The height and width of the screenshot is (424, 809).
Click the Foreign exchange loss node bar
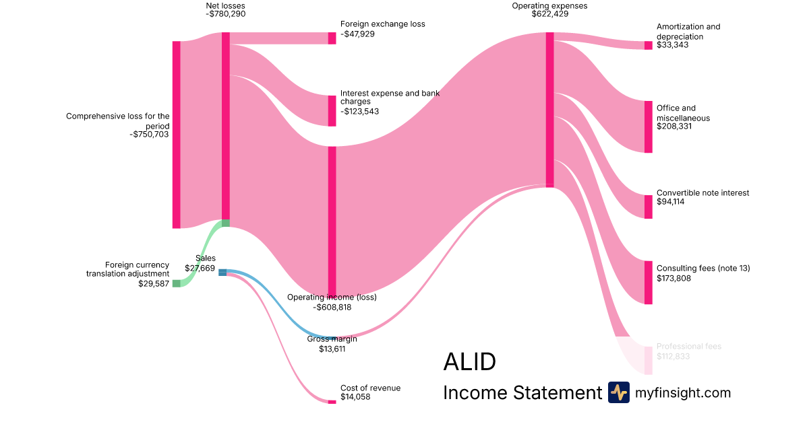coord(332,38)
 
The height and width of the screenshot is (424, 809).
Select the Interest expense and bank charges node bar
coord(332,110)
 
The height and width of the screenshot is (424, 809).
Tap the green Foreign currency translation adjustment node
coord(177,283)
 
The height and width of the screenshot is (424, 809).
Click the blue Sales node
coord(222,272)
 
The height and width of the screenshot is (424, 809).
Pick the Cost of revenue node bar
coord(332,402)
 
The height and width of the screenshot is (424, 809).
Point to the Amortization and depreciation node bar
coord(649,45)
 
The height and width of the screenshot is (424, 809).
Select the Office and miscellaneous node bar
coord(649,127)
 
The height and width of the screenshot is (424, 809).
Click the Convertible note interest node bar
coord(649,207)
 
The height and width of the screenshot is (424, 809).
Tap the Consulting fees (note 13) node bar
coord(649,283)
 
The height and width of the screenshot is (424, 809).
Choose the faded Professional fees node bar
coord(649,360)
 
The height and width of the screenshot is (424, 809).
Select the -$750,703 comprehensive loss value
coord(150,135)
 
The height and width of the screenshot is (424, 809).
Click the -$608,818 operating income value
coord(332,307)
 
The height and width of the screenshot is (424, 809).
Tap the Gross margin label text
coord(332,339)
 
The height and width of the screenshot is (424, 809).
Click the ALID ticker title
coord(469,362)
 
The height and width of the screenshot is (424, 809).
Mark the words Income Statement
coord(522,392)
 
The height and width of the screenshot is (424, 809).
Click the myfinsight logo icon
coord(618,392)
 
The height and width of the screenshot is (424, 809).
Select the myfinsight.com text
coord(683,392)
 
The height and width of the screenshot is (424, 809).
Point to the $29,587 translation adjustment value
coord(154,283)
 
